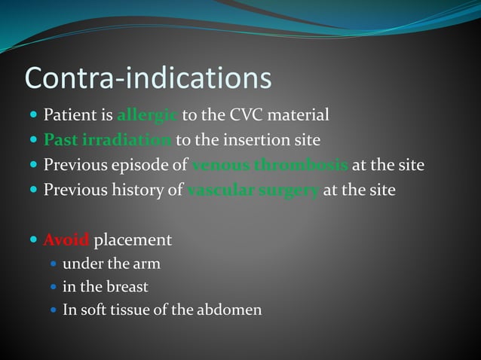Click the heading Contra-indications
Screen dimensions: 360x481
148,78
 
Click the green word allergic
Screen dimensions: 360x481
148,116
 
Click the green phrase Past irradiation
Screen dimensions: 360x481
108,140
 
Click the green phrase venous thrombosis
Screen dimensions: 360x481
270,165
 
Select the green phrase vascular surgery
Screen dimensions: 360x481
253,190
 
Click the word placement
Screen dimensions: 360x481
133,240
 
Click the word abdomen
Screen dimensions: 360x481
231,310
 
